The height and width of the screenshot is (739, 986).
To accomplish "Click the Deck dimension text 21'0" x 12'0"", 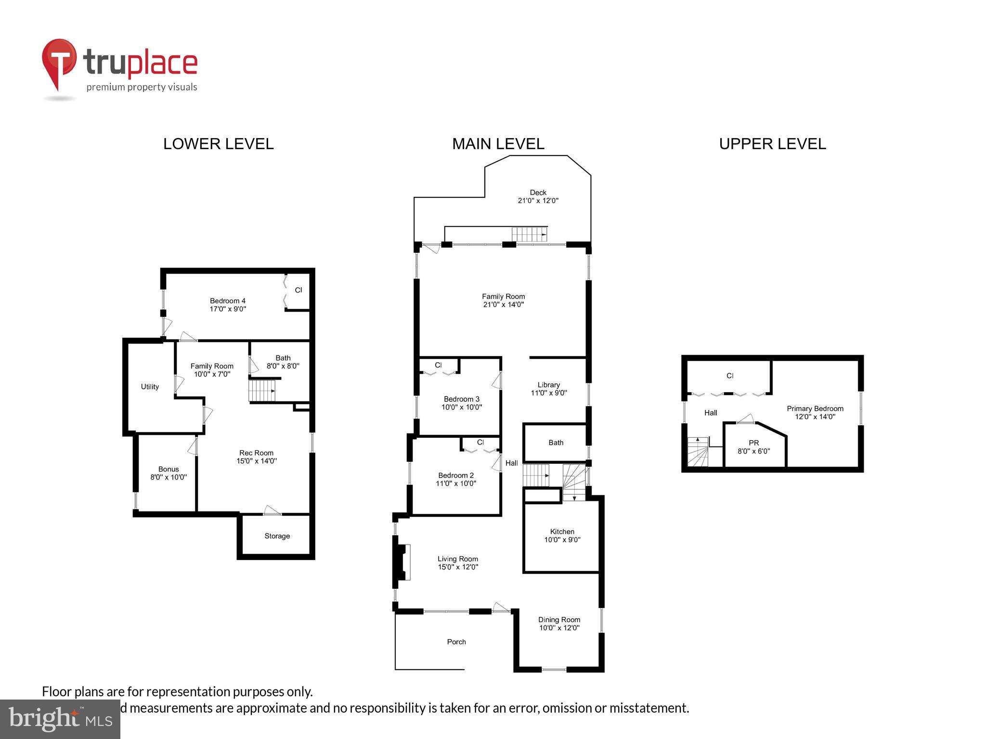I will pos(538,201).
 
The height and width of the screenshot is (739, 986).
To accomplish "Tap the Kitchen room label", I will pos(562,532).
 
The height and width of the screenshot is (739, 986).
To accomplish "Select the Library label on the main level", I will pos(548,385).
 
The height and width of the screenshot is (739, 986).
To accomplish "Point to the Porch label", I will pos(456,642).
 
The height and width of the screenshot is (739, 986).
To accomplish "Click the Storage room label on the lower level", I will pos(277,536).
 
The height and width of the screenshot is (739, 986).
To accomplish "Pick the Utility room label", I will pos(150,387).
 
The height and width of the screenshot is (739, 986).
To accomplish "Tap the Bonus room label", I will pos(168,469).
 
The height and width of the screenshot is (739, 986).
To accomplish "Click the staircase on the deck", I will pos(529,234).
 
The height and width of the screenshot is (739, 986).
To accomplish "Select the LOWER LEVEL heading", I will pos(218,144).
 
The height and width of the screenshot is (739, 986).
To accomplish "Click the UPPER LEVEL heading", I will pos(772,144).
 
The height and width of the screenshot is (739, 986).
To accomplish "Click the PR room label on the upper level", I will pos(753,443).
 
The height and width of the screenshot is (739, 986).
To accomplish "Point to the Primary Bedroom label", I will pos(815,408).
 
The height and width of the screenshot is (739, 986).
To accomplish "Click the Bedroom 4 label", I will pos(227,301).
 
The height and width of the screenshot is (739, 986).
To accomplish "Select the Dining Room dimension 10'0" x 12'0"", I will pos(559,628).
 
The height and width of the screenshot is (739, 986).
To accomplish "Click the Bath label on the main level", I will pos(556,443).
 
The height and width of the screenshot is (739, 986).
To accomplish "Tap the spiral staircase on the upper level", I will pos(698,452).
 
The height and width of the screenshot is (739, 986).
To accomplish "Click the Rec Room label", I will pos(256,453).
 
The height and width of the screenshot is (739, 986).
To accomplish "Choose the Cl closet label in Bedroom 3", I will pos(438,365).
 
